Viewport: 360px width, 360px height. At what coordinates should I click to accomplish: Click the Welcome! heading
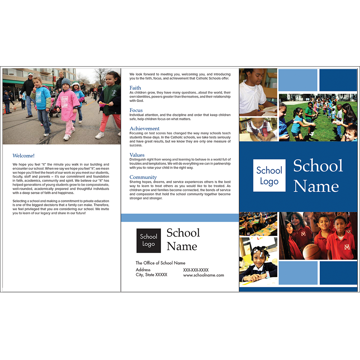pos(23,156)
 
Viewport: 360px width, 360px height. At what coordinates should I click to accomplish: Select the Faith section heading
pos(135,88)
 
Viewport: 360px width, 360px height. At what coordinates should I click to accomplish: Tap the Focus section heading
pos(136,110)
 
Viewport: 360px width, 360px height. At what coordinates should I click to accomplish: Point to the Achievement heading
pos(144,129)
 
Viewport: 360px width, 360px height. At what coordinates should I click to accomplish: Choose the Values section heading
pos(137,155)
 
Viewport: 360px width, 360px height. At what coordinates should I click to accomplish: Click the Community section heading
pos(143,177)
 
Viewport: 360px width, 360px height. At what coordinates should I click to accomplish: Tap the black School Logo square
pos(148,240)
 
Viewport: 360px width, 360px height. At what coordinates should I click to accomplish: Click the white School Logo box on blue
pos(269,175)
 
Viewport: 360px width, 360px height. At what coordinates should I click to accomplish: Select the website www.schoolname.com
pos(203,275)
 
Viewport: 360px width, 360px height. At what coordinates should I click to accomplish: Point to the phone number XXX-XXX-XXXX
pos(196,270)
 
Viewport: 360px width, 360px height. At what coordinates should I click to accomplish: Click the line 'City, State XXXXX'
pos(151,275)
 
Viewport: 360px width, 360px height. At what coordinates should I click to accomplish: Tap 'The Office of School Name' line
pos(160,263)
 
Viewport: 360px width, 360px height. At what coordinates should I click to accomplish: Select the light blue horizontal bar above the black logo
pos(180,217)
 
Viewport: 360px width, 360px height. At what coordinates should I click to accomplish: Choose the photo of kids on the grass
pos(318,117)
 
